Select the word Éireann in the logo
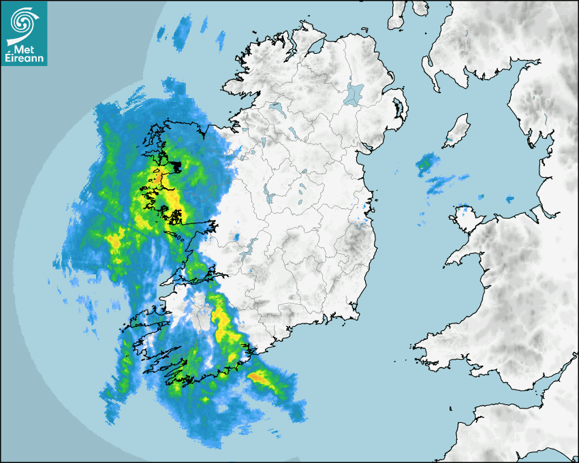coord(24,59)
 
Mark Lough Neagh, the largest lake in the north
coord(354,93)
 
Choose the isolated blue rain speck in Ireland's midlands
coord(236,237)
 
